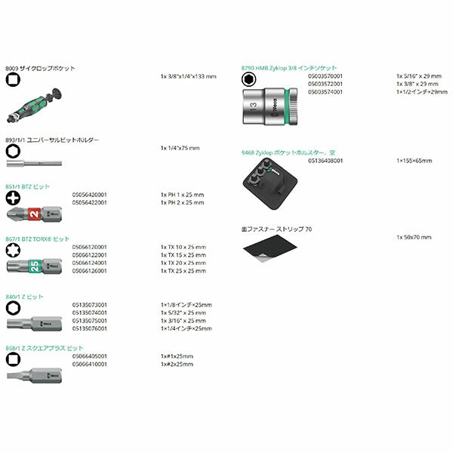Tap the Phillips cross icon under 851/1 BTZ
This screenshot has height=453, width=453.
[x=12, y=198]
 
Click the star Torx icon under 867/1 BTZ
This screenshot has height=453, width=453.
[x=12, y=250]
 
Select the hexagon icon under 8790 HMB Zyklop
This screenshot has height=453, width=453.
[x=246, y=79]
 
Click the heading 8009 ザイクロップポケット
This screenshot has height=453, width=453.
[x=40, y=68]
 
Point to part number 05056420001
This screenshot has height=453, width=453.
[x=90, y=194]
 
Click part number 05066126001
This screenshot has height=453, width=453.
[x=90, y=270]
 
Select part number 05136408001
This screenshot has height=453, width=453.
[x=326, y=160]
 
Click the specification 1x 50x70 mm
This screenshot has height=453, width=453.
[x=414, y=237]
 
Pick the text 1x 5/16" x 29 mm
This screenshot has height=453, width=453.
[x=418, y=76]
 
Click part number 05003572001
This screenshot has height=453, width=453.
[x=326, y=84]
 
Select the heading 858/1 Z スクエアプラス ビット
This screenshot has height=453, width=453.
[x=45, y=348]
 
